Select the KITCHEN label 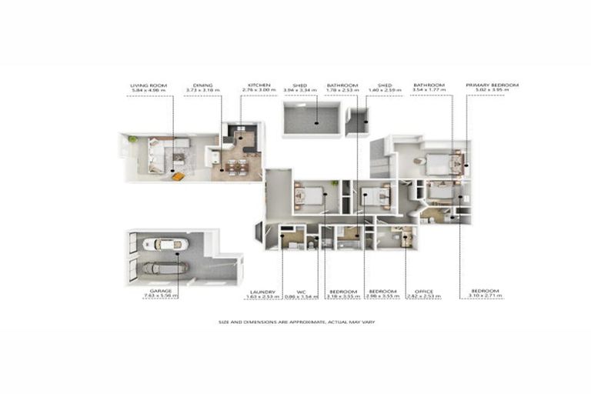point(259,85)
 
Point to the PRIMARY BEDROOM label point(492,85)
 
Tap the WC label point(290,292)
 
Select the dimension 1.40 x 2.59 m point(385,90)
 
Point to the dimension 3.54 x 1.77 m point(429,90)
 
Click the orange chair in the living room point(178,176)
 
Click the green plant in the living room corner point(132,139)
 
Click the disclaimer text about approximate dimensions point(295,322)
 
